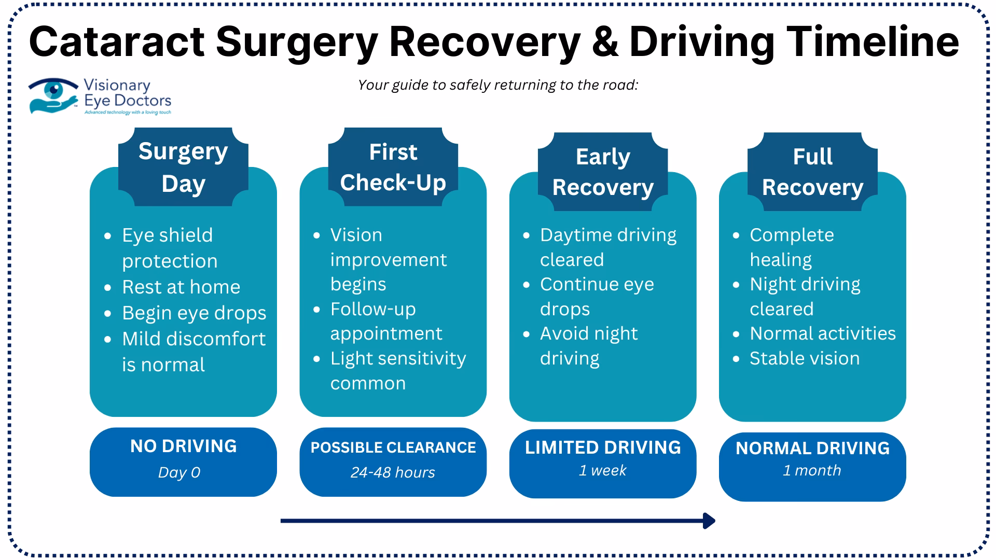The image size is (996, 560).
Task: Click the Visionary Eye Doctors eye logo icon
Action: (53, 95)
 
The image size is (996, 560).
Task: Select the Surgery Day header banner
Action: (183, 167)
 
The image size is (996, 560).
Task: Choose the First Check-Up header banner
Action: (393, 167)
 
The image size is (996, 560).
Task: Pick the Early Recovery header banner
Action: (602, 172)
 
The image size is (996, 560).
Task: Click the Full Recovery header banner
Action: (812, 172)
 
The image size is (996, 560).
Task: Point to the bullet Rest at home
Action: (181, 287)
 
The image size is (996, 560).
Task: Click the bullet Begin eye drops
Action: (193, 313)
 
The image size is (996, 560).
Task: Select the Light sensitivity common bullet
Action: (397, 370)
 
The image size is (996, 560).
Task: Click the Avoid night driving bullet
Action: (588, 345)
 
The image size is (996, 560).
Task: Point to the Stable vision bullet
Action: (804, 358)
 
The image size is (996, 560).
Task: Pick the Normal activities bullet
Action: (822, 333)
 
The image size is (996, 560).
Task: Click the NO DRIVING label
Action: (183, 446)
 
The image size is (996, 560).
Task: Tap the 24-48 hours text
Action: (393, 472)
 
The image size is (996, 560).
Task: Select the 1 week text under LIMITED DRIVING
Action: (602, 470)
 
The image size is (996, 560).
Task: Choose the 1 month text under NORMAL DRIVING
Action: (812, 470)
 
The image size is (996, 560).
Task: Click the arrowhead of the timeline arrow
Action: (709, 521)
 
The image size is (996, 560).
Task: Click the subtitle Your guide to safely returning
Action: (498, 85)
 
